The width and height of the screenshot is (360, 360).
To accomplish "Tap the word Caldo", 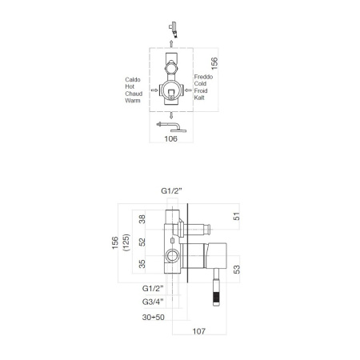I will pyautogui.click(x=134, y=80).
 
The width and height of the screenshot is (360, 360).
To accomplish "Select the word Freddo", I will pyautogui.click(x=205, y=77).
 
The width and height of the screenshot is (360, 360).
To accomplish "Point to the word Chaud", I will pyautogui.click(x=134, y=93).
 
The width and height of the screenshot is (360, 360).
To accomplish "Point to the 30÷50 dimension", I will pyautogui.click(x=154, y=317).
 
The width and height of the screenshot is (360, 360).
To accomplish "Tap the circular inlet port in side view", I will pyautogui.click(x=171, y=257).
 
